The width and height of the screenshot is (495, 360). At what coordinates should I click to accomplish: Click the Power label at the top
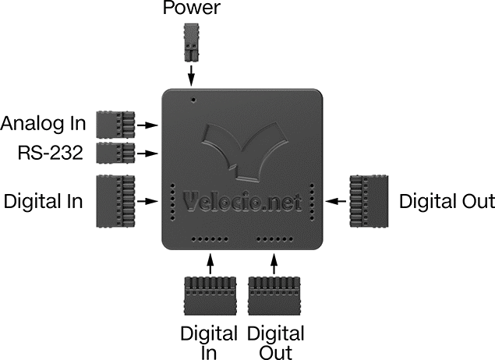coord(191,8)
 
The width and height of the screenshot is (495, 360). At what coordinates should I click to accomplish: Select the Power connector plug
coord(191,42)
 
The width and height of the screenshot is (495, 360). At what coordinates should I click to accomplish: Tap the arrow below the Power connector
coord(191,76)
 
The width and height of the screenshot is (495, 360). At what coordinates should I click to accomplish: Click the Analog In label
coord(43,123)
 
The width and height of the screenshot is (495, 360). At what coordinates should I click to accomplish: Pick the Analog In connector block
coord(115,125)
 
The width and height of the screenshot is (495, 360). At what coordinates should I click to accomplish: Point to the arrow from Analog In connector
coord(148,125)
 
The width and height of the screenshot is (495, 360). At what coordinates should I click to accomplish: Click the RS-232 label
coord(50,153)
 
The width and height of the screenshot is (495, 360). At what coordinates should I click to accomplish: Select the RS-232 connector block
coord(115,153)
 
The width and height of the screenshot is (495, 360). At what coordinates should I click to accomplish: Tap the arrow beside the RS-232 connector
coord(148,154)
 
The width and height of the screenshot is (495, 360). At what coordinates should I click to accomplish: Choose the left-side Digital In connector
coord(115,201)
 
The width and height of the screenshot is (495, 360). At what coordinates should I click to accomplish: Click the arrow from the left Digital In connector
coord(148,201)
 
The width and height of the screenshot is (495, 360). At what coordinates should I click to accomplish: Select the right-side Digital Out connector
coord(369,201)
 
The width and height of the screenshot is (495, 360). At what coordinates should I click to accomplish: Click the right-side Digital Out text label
coord(447,201)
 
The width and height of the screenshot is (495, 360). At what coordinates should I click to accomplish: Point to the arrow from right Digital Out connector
coord(336,201)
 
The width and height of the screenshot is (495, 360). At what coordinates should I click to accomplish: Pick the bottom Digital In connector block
coord(210,296)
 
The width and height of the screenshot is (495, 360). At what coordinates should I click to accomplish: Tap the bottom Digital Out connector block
coord(274,296)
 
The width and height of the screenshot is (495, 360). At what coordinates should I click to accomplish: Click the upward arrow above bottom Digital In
coord(210,263)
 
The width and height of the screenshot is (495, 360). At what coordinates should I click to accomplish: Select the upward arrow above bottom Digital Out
coord(274,263)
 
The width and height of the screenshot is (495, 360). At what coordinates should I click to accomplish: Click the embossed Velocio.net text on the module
coord(242,202)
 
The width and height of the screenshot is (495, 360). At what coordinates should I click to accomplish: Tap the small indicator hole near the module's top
coord(193,100)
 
